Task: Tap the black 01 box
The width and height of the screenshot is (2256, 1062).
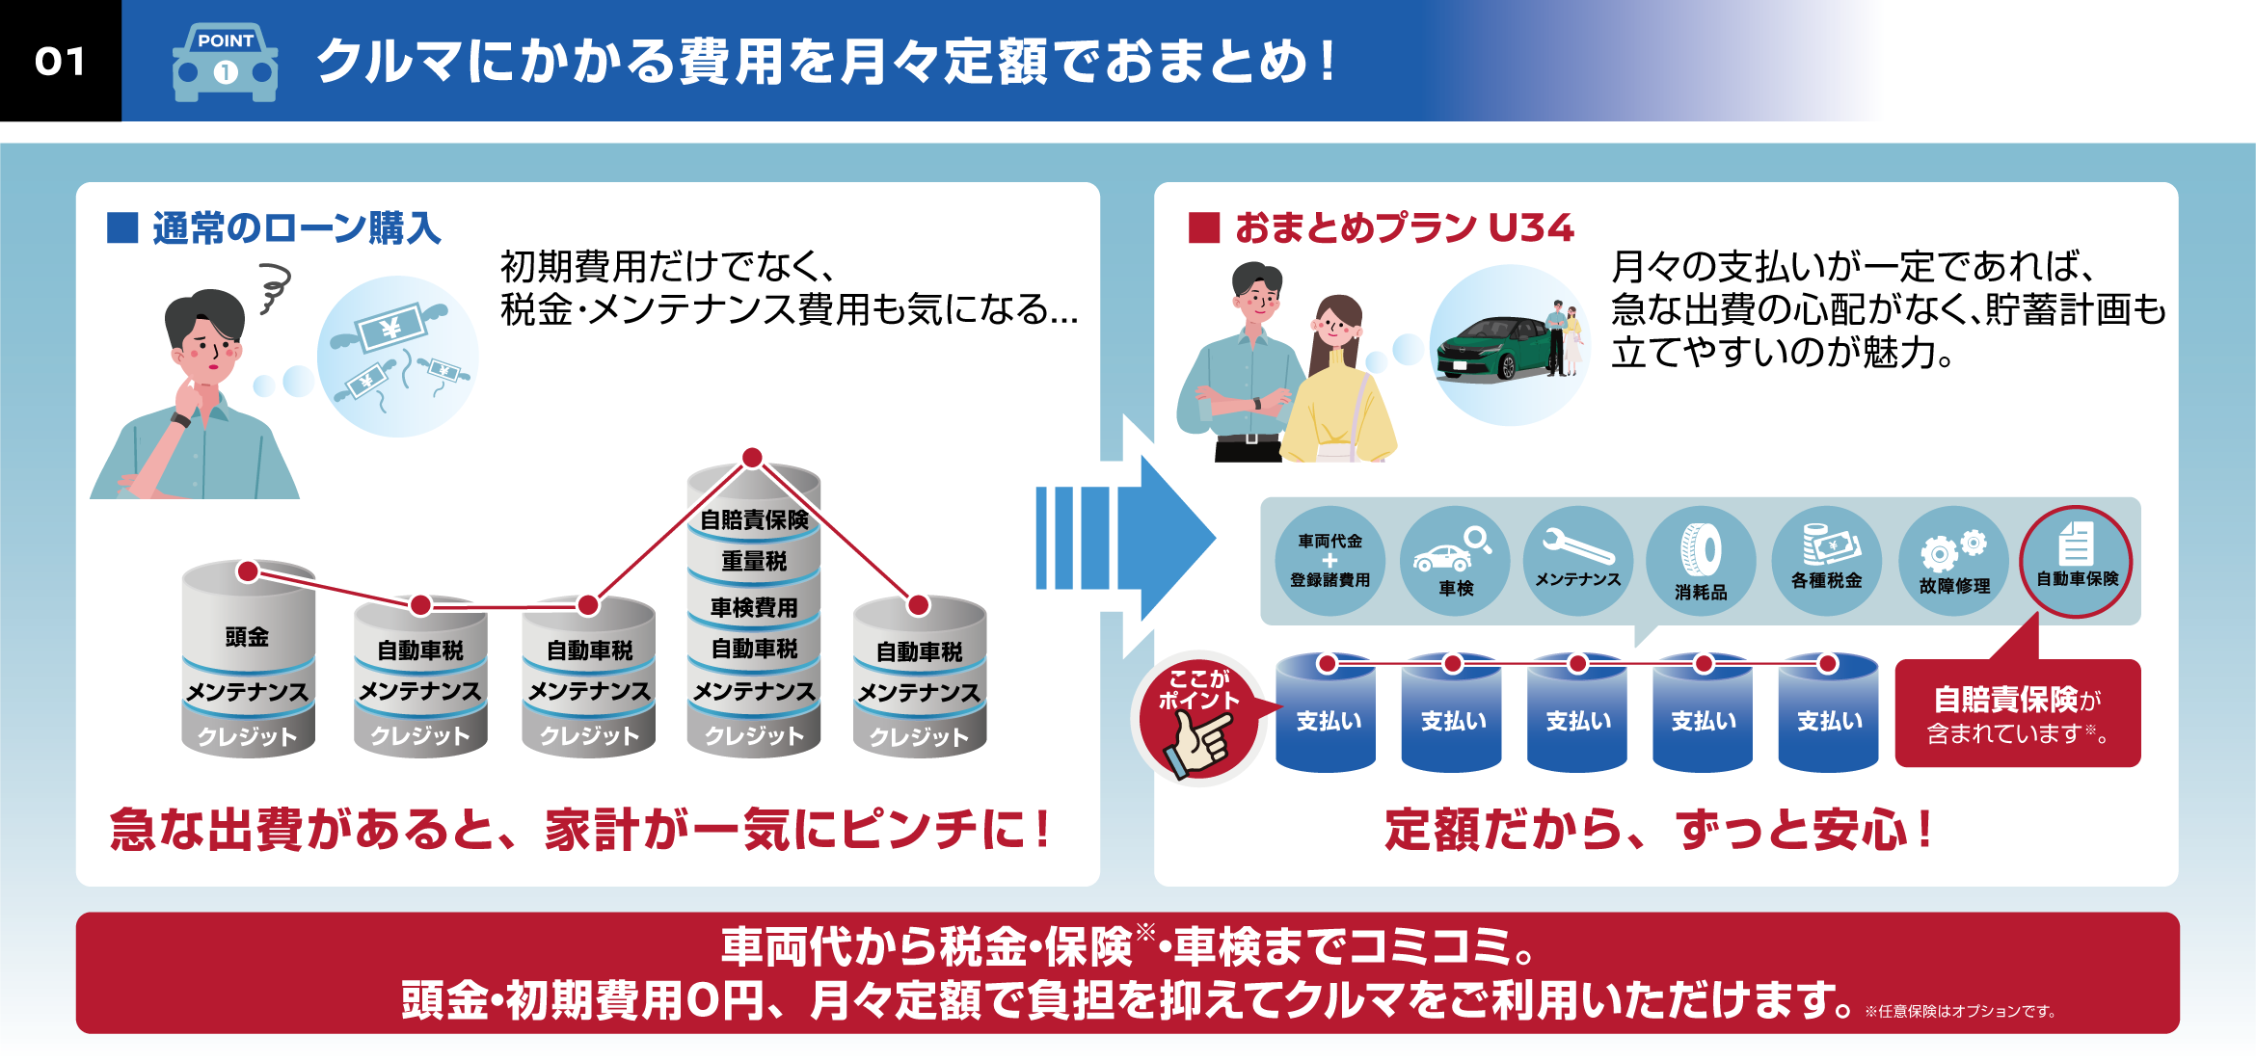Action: [60, 61]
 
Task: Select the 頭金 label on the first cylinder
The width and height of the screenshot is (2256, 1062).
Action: [247, 636]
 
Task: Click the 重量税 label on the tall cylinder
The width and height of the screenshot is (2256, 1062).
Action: [754, 561]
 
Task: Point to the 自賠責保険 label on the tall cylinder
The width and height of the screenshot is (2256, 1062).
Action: [754, 520]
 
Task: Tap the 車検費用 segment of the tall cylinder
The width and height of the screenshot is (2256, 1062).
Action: [754, 607]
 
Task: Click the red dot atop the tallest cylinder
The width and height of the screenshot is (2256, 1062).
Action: [752, 457]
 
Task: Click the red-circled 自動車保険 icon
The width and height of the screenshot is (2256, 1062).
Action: [2077, 561]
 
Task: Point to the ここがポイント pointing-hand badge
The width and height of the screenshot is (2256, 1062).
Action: [1198, 719]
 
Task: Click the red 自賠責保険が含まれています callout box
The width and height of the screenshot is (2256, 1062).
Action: [2017, 713]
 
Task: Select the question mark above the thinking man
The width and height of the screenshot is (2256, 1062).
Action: [274, 289]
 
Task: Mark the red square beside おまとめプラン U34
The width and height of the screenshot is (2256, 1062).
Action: [1204, 228]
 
